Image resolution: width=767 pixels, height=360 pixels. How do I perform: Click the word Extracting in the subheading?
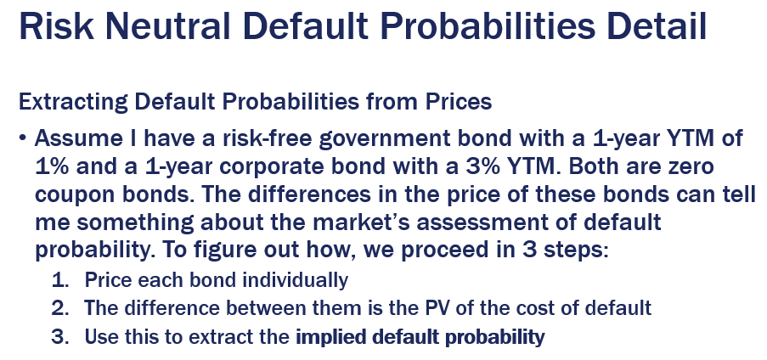64,102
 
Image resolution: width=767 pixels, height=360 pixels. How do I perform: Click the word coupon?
74,193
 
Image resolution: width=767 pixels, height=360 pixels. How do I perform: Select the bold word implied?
327,336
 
